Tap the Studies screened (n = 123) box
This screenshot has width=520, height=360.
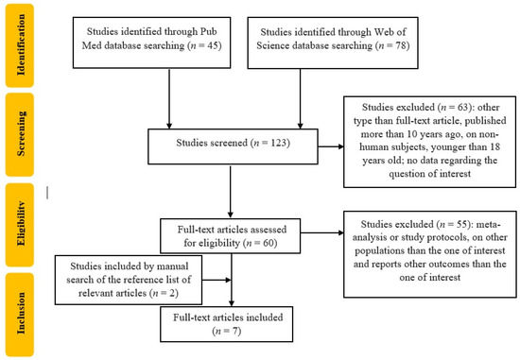(231, 146)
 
